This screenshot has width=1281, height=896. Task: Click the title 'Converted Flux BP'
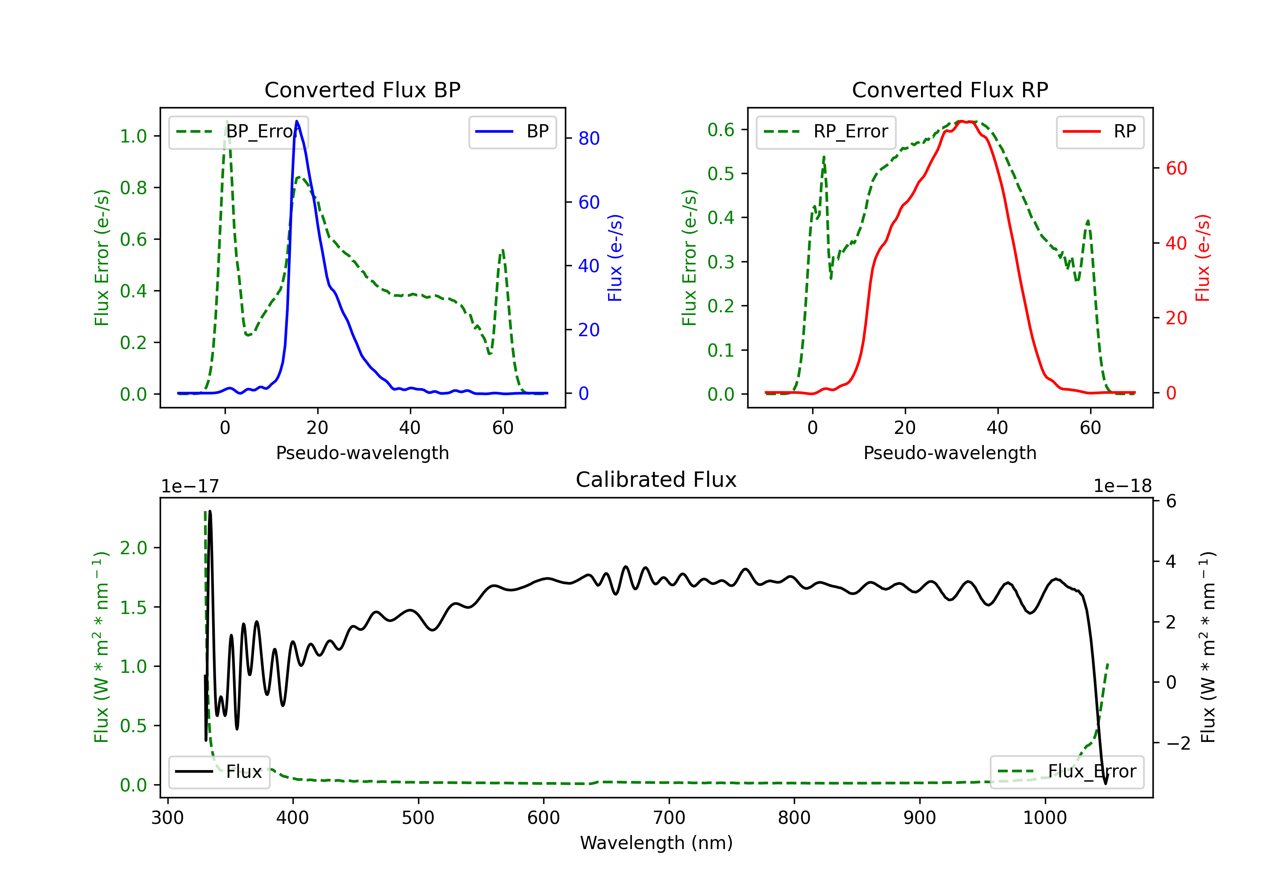tap(362, 90)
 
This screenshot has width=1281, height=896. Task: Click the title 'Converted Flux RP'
tap(950, 90)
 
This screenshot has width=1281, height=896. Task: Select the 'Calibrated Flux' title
tap(656, 480)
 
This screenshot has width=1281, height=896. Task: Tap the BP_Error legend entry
tap(238, 131)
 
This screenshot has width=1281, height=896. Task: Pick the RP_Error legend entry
tap(826, 131)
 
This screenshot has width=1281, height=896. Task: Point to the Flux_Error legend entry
tap(1067, 772)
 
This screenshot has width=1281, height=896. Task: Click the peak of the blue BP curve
tap(297, 121)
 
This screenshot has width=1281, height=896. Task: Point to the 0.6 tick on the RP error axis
tap(721, 129)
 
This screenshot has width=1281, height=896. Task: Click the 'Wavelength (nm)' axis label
tap(656, 843)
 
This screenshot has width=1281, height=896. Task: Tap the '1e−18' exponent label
tap(1123, 486)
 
